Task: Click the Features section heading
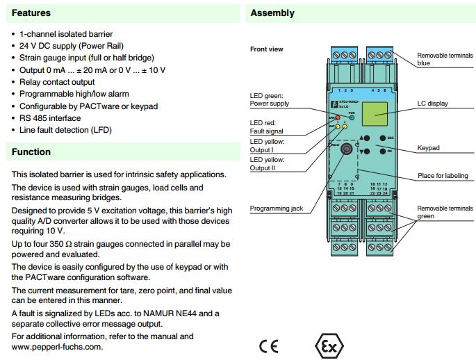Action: pyautogui.click(x=31, y=13)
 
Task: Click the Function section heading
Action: pyautogui.click(x=31, y=152)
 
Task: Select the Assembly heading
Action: pyautogui.click(x=272, y=13)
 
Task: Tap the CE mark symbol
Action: pyautogui.click(x=268, y=346)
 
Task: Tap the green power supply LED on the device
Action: pyautogui.click(x=352, y=117)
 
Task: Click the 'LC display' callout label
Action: pyautogui.click(x=432, y=104)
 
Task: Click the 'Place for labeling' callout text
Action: pyautogui.click(x=442, y=176)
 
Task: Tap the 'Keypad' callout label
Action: pyautogui.click(x=428, y=148)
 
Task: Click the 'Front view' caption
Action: pyautogui.click(x=267, y=49)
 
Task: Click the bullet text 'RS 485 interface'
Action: pyautogui.click(x=50, y=118)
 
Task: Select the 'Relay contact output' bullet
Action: pyautogui.click(x=57, y=82)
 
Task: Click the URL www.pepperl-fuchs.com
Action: pyautogui.click(x=57, y=346)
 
